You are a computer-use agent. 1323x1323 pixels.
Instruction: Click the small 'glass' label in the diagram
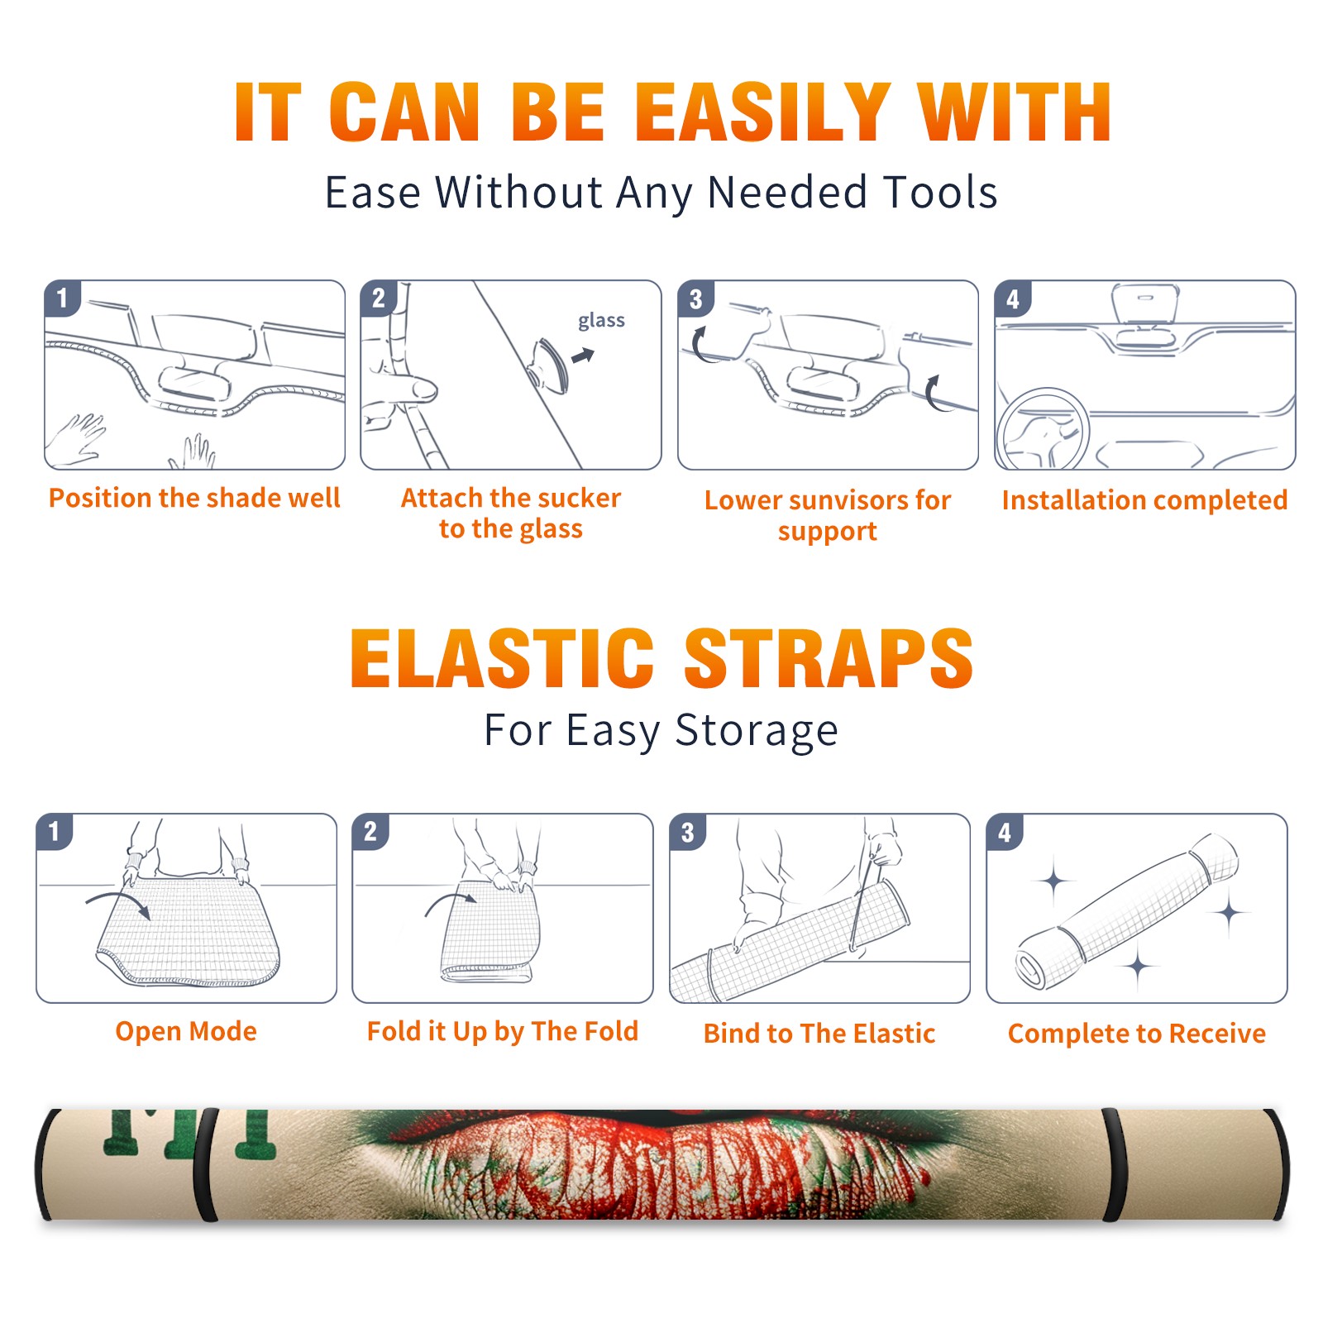pos(601,321)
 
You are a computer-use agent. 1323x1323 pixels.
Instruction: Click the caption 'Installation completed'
pos(1144,499)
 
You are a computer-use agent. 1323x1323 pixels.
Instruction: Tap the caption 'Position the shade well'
pos(194,498)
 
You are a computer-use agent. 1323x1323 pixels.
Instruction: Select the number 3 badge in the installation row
pos(695,299)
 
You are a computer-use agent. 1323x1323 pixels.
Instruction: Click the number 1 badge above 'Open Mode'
pos(55,831)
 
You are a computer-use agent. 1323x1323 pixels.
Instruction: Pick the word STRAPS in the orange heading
pos(829,658)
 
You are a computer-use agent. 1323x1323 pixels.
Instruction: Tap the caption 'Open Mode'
pos(186,1031)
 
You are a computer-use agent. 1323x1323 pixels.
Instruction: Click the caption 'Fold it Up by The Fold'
pos(503,1031)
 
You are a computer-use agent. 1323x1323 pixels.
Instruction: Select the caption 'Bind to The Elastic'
pos(819,1034)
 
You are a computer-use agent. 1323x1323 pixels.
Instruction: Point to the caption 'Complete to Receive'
pos(1137,1034)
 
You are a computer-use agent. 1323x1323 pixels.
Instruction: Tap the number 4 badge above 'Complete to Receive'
pos(1005,832)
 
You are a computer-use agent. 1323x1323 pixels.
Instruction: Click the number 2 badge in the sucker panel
pos(379,299)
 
